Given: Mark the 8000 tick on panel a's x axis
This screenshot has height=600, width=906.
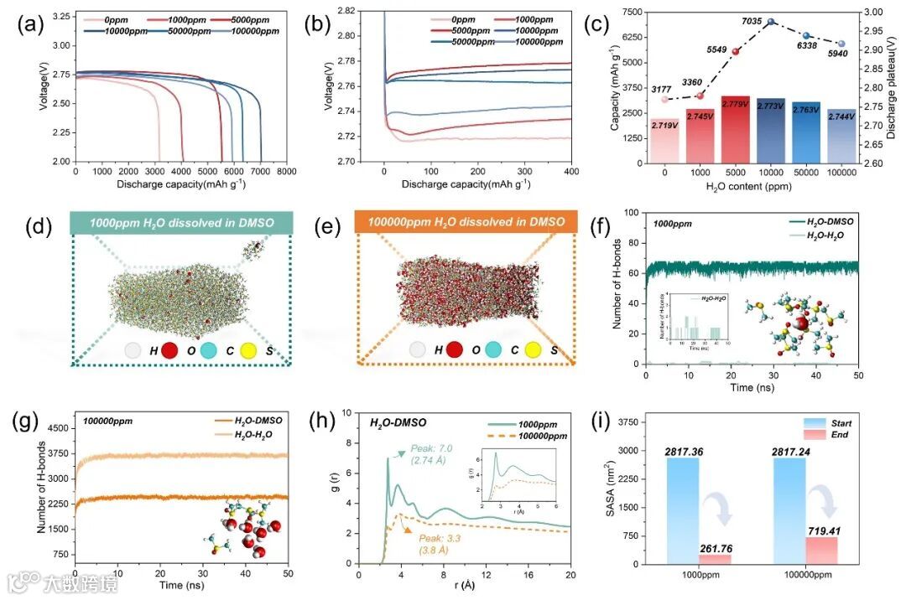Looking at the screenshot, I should click(x=286, y=171).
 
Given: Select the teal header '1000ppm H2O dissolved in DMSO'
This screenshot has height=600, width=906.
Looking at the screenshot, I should click(x=181, y=221).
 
